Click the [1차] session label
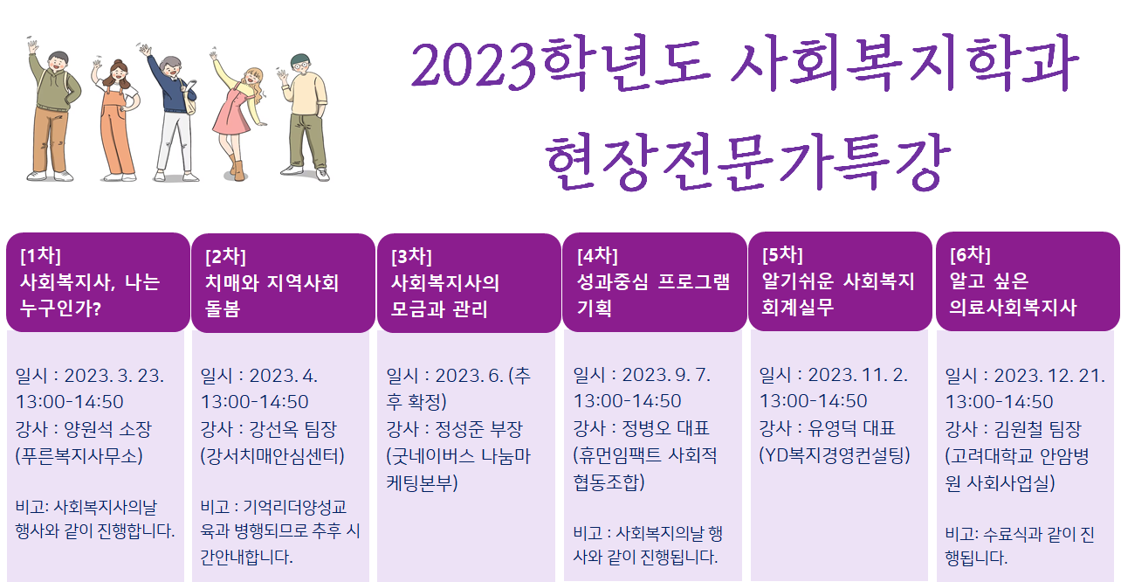pos(40,255)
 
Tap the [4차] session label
pos(597,255)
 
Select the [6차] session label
pos(970,254)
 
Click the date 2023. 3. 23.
pos(114,376)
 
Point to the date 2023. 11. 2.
pos(857,375)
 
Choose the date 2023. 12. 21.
pos(1049,376)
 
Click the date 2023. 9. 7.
pos(666,375)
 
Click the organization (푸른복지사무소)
pos(79,456)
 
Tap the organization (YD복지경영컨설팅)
pos(835,454)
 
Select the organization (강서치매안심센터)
pos(272,456)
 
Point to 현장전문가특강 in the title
pos(747,163)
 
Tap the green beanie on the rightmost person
pos(300,59)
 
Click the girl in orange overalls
pos(117,121)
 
